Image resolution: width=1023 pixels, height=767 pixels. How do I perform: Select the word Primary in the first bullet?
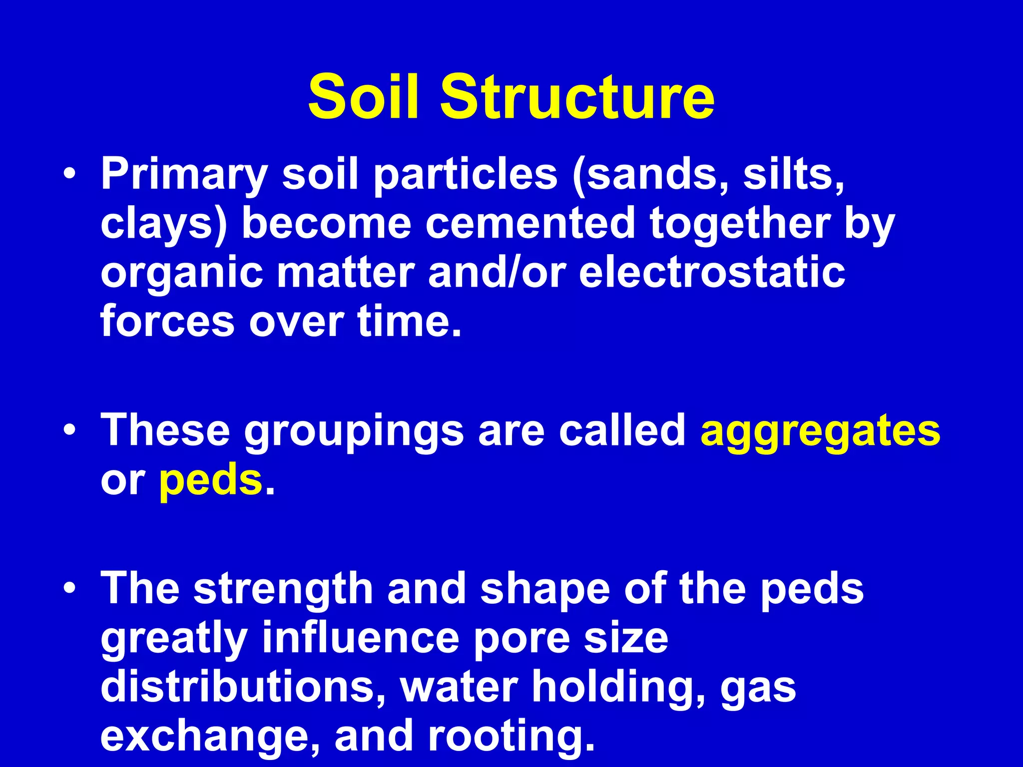[x=184, y=175]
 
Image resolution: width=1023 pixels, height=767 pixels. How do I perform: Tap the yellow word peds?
[x=210, y=480]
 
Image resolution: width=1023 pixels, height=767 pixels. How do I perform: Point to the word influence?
[x=360, y=638]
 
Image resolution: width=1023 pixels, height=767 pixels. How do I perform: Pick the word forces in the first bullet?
[x=167, y=322]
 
